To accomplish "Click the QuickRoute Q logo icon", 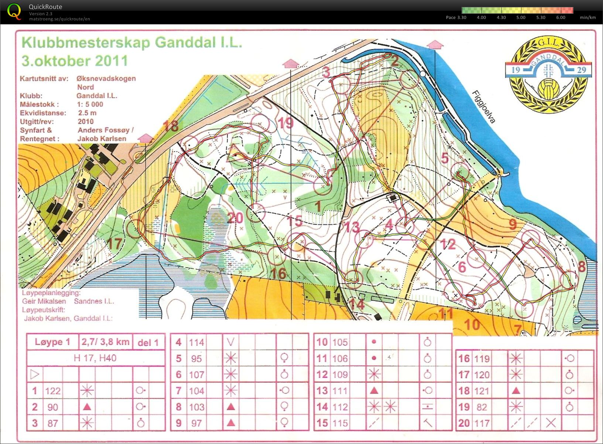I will (x=14, y=11).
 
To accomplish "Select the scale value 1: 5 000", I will (x=90, y=104).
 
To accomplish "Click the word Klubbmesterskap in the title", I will (x=86, y=43).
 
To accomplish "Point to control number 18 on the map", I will (x=171, y=126).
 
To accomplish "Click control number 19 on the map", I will (x=285, y=123).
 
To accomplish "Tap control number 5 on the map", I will (x=445, y=158).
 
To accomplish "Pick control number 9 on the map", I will (x=513, y=224).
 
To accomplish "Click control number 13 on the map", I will (x=352, y=227).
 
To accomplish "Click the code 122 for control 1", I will (x=53, y=391).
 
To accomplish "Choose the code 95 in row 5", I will (x=196, y=358).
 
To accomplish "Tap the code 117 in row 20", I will (x=482, y=423).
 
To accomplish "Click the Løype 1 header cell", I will (x=52, y=342).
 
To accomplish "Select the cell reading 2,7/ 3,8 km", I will (x=106, y=342).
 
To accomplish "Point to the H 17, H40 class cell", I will (x=95, y=358).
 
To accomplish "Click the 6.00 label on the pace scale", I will (x=560, y=17).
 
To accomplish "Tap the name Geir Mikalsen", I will (x=44, y=301).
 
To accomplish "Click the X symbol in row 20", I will (x=551, y=423).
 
